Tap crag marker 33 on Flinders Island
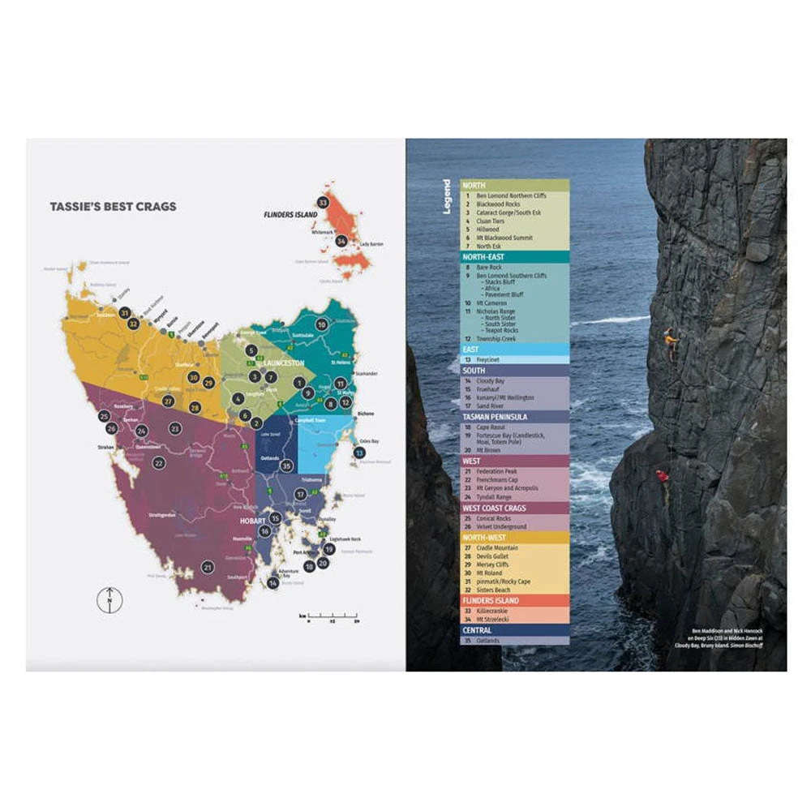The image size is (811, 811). (x=323, y=202)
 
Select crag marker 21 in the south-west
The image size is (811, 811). (x=208, y=567)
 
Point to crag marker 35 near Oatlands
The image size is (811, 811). (x=286, y=466)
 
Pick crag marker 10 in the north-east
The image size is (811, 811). (x=321, y=324)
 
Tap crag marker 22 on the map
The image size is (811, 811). (x=159, y=463)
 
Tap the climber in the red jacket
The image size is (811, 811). (x=663, y=478)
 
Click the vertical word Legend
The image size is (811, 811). (x=447, y=196)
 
